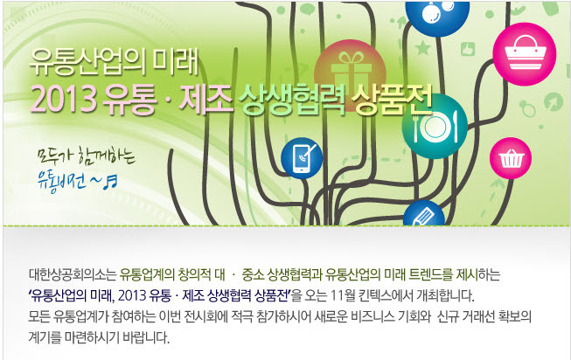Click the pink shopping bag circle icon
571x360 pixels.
(525, 54)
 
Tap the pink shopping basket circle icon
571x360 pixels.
(511, 158)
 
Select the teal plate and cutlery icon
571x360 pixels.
(435, 126)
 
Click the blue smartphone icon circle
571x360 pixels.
(302, 158)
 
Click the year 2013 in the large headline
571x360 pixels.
(63, 100)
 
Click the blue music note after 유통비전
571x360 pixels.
(110, 182)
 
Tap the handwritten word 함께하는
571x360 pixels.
(107, 158)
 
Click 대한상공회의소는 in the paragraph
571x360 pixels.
(72, 275)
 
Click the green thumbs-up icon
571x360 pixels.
(468, 49)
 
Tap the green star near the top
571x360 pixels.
(423, 48)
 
